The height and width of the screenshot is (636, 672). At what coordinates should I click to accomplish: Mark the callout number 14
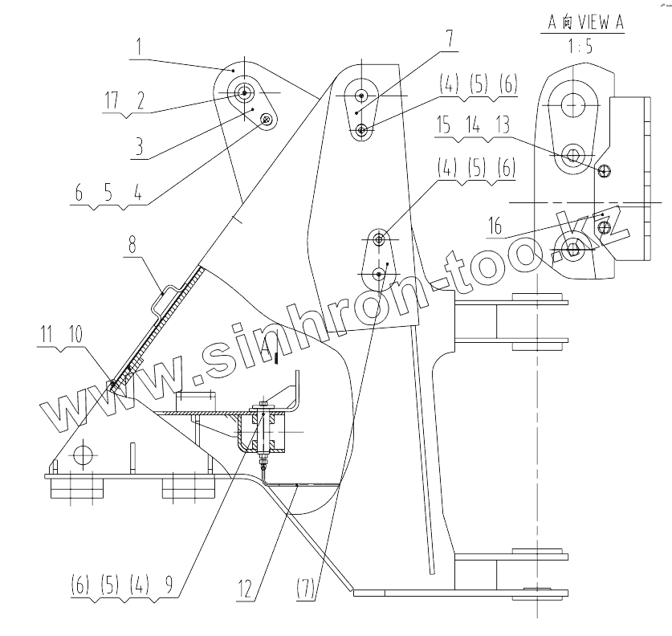474,124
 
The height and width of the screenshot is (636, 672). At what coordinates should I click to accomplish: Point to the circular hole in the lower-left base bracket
82,455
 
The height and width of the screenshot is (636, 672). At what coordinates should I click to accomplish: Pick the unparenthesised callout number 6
79,193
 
